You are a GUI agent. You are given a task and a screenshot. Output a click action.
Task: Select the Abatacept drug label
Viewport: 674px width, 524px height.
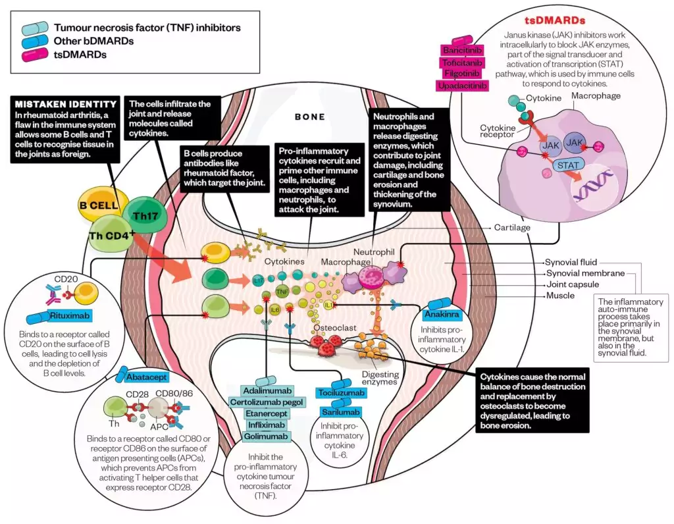click(144, 377)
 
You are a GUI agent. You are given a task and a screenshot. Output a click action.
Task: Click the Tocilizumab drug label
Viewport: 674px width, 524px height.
click(342, 393)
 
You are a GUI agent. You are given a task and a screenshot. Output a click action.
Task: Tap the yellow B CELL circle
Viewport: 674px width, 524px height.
click(99, 205)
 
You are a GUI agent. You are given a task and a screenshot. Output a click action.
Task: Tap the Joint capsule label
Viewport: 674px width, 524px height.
click(572, 284)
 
